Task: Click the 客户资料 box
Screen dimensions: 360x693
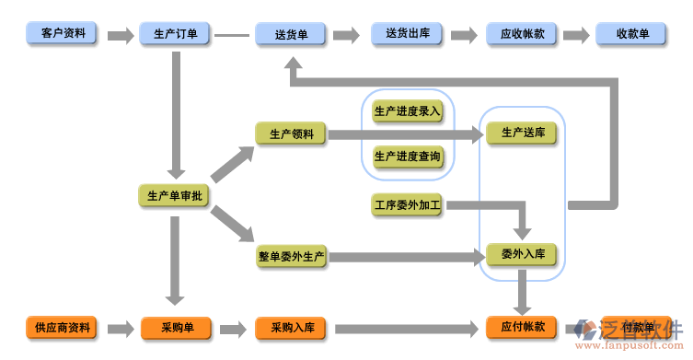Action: tap(63, 35)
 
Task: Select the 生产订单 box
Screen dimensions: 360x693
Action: tap(175, 35)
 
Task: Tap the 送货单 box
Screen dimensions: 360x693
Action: tap(291, 35)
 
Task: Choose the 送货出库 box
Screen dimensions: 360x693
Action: tap(407, 35)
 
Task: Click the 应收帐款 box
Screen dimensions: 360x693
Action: tap(522, 35)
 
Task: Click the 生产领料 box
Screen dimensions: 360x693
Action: tap(291, 134)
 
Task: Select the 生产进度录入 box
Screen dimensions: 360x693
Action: tap(408, 111)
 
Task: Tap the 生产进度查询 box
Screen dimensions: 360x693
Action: tap(408, 157)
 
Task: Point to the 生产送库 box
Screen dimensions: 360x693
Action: tap(522, 134)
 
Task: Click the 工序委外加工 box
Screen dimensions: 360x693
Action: tap(408, 204)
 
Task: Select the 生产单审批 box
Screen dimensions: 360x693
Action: tap(175, 195)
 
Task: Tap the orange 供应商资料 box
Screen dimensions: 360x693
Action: tap(63, 328)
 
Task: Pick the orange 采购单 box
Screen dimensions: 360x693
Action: tap(175, 328)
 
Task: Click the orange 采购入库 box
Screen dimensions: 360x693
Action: tap(291, 328)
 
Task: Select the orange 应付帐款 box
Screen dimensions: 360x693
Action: tap(522, 327)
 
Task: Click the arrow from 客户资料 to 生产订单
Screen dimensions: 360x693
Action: tap(120, 36)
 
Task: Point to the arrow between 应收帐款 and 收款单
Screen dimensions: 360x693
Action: tap(576, 36)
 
